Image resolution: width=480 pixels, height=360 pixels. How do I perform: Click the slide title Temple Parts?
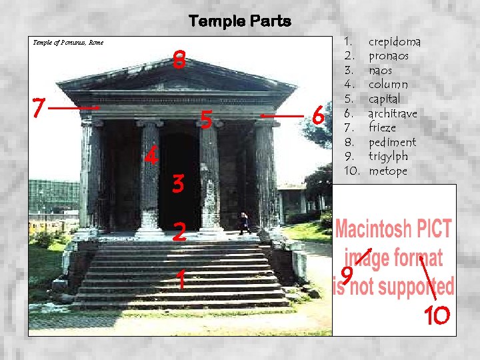(240, 21)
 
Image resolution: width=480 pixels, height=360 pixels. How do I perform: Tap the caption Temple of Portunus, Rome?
(68, 43)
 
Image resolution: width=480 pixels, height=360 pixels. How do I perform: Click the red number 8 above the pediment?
(178, 60)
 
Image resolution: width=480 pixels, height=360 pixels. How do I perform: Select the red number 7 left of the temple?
(39, 107)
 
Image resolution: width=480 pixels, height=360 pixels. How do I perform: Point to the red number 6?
(319, 118)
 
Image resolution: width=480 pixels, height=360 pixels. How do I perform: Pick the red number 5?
(207, 120)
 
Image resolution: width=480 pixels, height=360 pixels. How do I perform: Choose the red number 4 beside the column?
(151, 157)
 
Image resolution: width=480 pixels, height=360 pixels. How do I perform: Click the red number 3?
(177, 183)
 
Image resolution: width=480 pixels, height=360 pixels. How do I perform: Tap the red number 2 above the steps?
(178, 233)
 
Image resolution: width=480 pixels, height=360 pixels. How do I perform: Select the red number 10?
(437, 315)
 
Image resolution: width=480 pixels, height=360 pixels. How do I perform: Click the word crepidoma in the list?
(394, 42)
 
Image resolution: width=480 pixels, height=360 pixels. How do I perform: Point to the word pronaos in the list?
(389, 56)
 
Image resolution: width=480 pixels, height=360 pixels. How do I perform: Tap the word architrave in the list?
(393, 113)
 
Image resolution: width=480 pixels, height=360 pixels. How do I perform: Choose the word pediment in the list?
(392, 142)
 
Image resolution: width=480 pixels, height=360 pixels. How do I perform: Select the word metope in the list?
(387, 171)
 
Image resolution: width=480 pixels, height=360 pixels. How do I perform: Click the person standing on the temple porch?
(245, 223)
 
